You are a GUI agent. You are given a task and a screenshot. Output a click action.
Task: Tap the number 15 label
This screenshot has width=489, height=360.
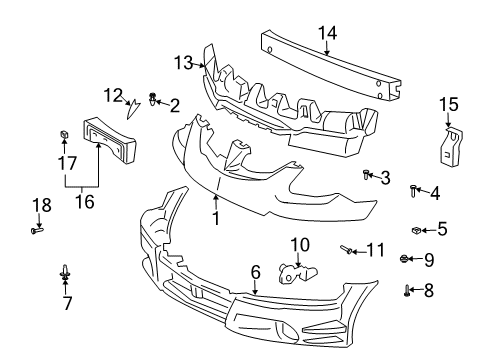click(x=448, y=103)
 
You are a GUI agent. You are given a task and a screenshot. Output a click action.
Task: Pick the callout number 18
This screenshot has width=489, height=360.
click(x=40, y=205)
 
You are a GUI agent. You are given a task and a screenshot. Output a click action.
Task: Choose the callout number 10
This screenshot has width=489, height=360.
click(x=301, y=244)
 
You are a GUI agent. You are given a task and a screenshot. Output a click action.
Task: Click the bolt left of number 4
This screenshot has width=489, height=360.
click(x=412, y=189)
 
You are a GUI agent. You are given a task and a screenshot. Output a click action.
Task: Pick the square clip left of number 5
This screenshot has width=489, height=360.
click(x=415, y=229)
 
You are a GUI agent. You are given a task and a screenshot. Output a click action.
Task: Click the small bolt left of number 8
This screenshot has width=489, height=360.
click(x=408, y=291)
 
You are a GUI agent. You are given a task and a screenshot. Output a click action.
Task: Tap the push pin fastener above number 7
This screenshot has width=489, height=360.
click(x=66, y=270)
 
